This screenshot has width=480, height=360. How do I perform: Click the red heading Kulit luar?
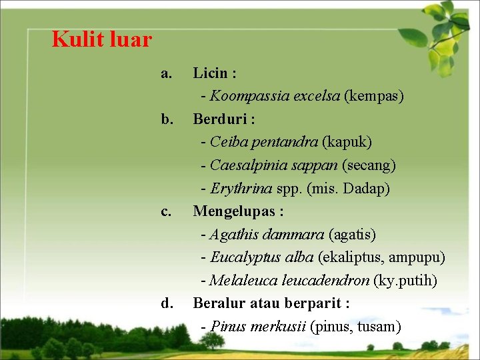tap(102, 40)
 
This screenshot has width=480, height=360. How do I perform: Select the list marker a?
tap(166, 73)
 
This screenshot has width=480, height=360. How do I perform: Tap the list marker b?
tap(167, 119)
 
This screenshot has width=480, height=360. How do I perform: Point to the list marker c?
tap(166, 211)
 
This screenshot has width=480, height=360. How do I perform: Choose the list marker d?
tap(167, 303)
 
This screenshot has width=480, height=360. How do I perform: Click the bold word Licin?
tap(210, 73)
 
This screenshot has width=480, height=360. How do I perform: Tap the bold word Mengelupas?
tap(233, 211)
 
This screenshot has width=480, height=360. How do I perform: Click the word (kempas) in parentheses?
tap(374, 96)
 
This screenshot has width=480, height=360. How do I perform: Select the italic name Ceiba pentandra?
tap(264, 142)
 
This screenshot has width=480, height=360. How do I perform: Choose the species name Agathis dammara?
tap(267, 235)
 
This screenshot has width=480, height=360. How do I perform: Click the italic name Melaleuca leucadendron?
tap(289, 281)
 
